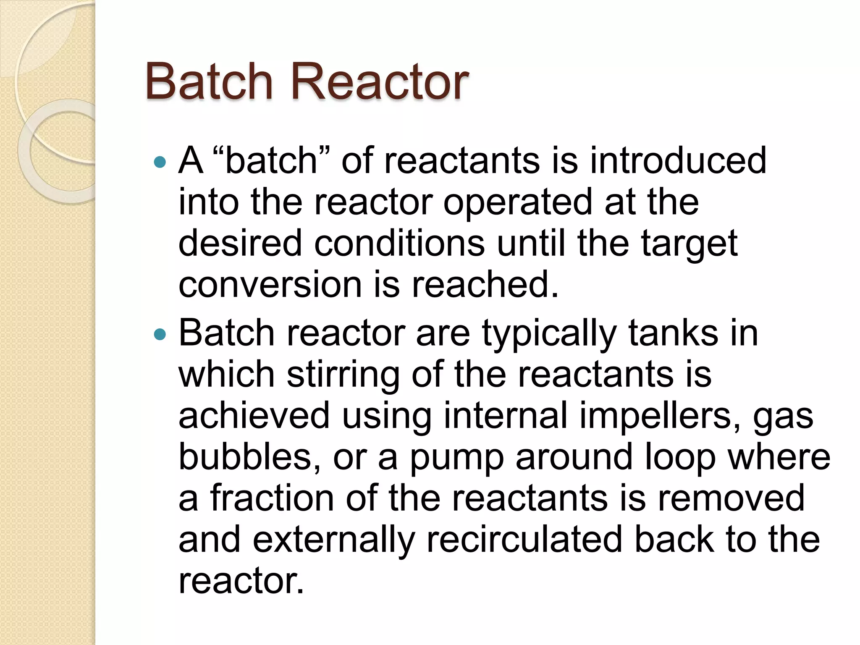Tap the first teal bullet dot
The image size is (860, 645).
(x=160, y=162)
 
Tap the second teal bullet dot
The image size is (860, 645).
(x=160, y=335)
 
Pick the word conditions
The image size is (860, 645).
(x=399, y=244)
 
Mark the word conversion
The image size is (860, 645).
(x=270, y=285)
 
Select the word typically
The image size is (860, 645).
(x=549, y=334)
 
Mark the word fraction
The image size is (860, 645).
(x=272, y=498)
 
